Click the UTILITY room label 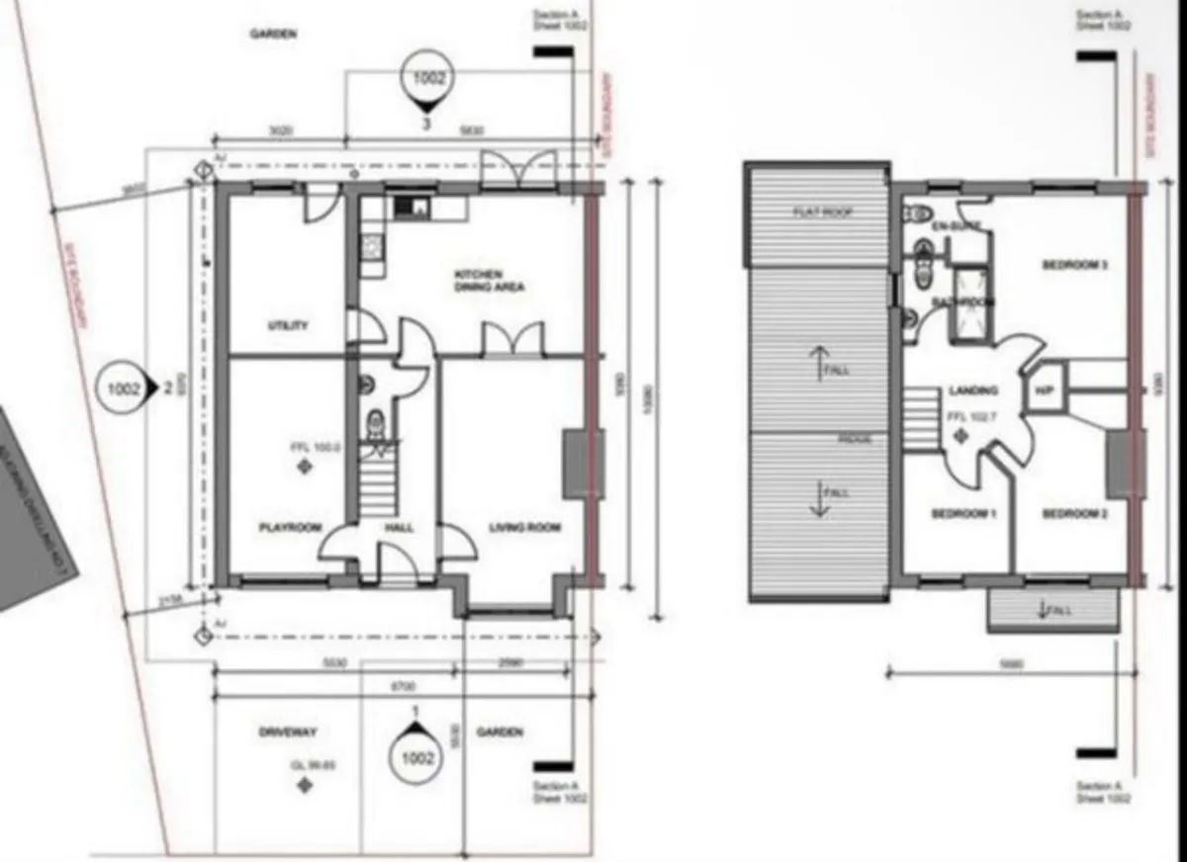tap(288, 325)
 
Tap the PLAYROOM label tap(290, 528)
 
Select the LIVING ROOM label tap(524, 528)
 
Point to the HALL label tap(399, 528)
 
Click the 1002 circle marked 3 tap(428, 80)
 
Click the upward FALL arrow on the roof tap(818, 363)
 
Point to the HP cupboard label tap(1044, 390)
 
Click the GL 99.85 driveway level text tap(301, 764)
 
